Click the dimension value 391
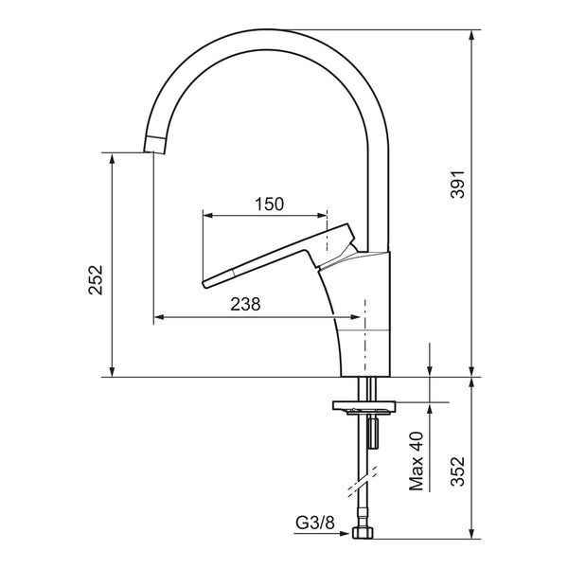coord(457,184)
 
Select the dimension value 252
coord(96,280)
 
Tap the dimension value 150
coord(269,204)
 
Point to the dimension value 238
coord(245,304)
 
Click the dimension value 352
coord(457,470)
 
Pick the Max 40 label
coord(417,461)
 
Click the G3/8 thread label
coord(315,523)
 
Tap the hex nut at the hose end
coord(363,533)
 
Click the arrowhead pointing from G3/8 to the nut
coord(345,534)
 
